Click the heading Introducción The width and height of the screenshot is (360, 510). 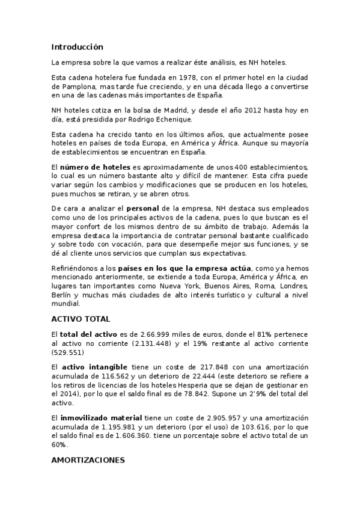coord(78,47)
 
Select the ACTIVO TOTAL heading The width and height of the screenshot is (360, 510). coord(81,319)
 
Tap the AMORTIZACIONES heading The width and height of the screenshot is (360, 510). coord(88,460)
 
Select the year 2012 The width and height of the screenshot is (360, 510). coord(237,111)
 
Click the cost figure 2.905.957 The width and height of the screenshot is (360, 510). coord(224,417)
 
